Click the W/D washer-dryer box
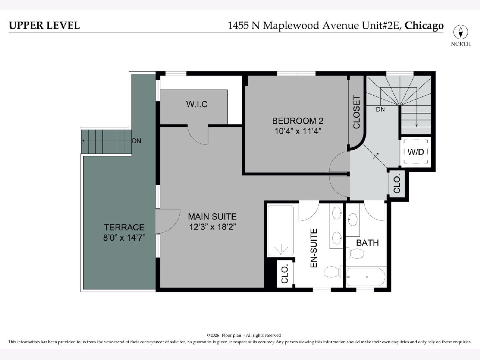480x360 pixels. pyautogui.click(x=416, y=152)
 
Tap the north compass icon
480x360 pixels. pyautogui.click(x=460, y=32)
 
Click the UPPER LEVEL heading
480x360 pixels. pyautogui.click(x=44, y=25)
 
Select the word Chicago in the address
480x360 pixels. pyautogui.click(x=424, y=26)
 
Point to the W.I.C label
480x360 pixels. pyautogui.click(x=197, y=104)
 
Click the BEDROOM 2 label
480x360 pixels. pyautogui.click(x=298, y=121)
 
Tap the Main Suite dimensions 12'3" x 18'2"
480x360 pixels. pyautogui.click(x=212, y=227)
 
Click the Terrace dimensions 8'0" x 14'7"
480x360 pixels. pyautogui.click(x=124, y=238)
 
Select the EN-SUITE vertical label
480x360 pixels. pyautogui.click(x=314, y=248)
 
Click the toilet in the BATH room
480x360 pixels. pyautogui.click(x=356, y=253)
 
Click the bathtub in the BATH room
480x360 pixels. pyautogui.click(x=366, y=277)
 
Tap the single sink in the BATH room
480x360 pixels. pyautogui.click(x=353, y=220)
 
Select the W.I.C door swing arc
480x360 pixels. pyautogui.click(x=196, y=139)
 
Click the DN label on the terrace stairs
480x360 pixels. pyautogui.click(x=136, y=141)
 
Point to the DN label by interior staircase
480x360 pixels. pyautogui.click(x=380, y=109)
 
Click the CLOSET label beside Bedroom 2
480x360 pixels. pyautogui.click(x=356, y=112)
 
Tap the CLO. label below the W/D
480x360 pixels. pyautogui.click(x=397, y=184)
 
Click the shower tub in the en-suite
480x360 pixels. pyautogui.click(x=281, y=231)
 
